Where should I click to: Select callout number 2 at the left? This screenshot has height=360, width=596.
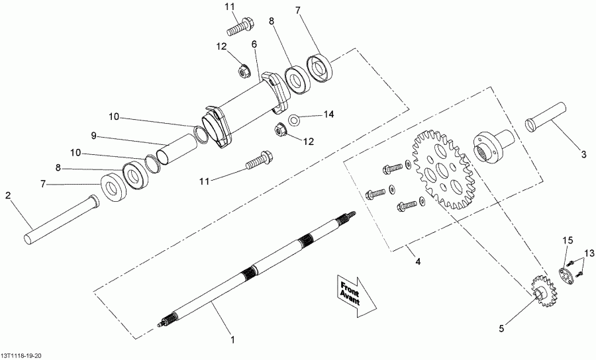tap(8, 195)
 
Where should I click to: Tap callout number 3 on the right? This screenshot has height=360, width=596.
tap(583, 155)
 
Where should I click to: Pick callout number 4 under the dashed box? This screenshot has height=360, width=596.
tap(418, 261)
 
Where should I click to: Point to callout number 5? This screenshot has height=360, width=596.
tap(501, 327)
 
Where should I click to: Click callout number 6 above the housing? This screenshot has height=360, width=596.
tap(254, 44)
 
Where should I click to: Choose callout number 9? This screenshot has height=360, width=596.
tap(94, 135)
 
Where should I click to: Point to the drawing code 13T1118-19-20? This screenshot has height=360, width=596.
tap(23, 355)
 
